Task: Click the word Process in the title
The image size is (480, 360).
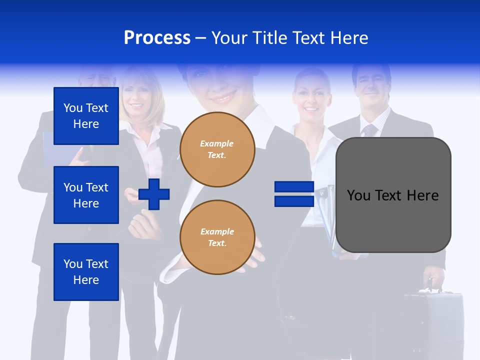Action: [x=157, y=38]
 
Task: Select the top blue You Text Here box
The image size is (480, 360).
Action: [x=86, y=116]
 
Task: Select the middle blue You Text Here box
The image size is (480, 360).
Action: [x=86, y=195]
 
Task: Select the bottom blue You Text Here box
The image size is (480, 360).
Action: [x=86, y=271]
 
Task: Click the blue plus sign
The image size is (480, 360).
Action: [x=154, y=194]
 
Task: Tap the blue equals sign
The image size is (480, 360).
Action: [x=294, y=194]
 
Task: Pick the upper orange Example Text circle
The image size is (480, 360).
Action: [x=217, y=149]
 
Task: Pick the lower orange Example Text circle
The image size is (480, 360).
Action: [x=217, y=237]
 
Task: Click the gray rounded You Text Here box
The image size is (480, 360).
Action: [x=393, y=195]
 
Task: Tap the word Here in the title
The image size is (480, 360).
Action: [x=349, y=38]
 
